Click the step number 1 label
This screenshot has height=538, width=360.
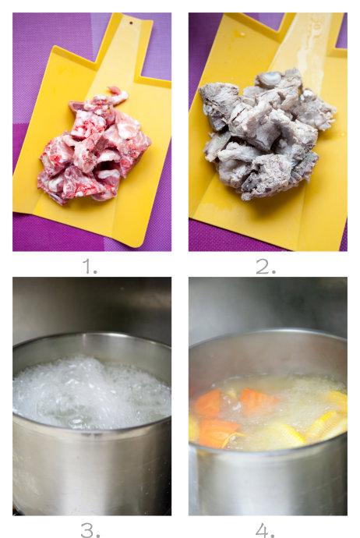(90, 267)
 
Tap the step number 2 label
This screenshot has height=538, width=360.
(266, 267)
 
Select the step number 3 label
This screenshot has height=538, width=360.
(90, 530)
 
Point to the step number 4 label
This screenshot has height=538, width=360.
(265, 530)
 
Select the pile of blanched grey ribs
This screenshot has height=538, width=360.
(266, 134)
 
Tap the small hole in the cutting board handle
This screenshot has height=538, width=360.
(131, 23)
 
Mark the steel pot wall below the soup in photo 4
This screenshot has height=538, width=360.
(267, 480)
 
